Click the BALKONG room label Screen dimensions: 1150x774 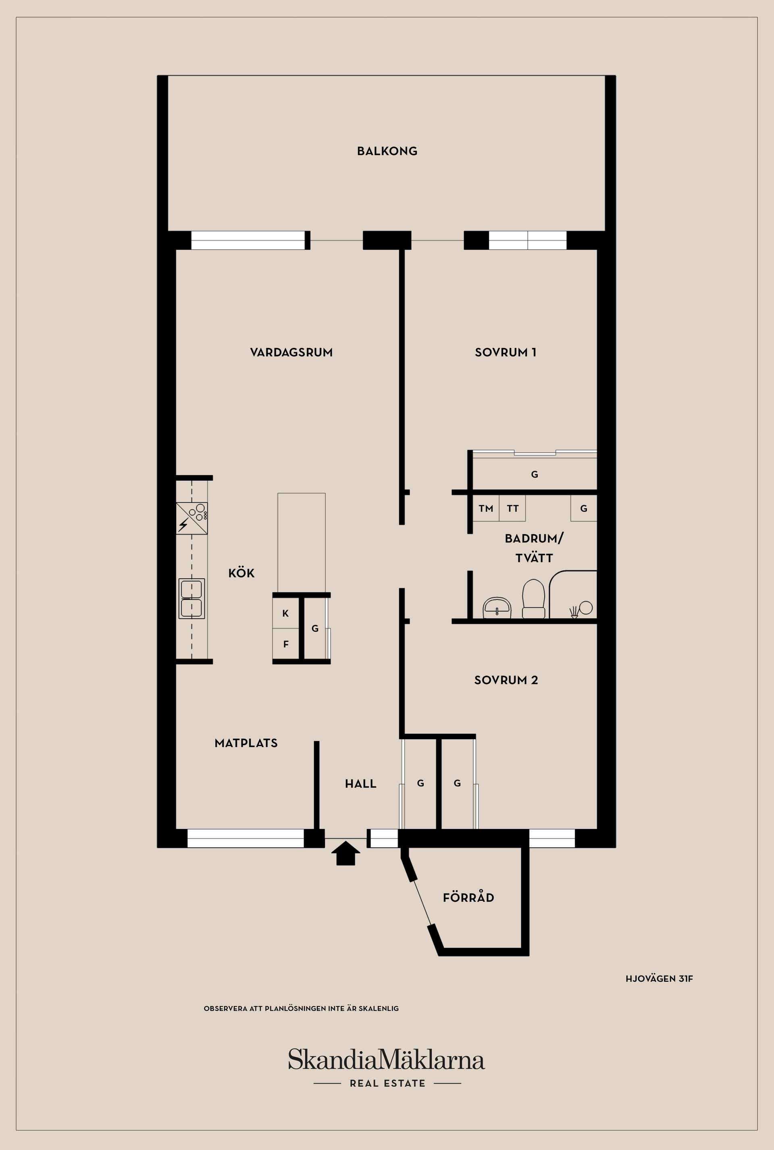pyautogui.click(x=387, y=151)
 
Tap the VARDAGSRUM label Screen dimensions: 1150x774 pyautogui.click(x=291, y=352)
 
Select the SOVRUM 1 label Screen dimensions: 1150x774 pyautogui.click(x=506, y=352)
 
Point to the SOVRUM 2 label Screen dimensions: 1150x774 pyautogui.click(x=506, y=680)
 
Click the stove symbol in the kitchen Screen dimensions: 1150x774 pyautogui.click(x=192, y=518)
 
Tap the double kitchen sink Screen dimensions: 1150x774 pyautogui.click(x=191, y=598)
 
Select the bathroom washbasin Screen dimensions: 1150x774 pyautogui.click(x=497, y=607)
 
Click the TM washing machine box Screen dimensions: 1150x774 pyautogui.click(x=486, y=508)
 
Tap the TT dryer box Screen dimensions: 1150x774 pyautogui.click(x=512, y=508)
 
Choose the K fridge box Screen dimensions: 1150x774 pyautogui.click(x=286, y=613)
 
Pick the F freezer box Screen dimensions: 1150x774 pyautogui.click(x=286, y=644)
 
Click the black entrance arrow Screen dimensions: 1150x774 pyautogui.click(x=345, y=854)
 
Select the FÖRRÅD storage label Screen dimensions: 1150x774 pyautogui.click(x=468, y=898)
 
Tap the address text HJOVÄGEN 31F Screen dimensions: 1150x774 pyautogui.click(x=659, y=978)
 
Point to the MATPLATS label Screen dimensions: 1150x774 pyautogui.click(x=246, y=743)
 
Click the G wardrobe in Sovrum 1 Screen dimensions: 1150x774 pyautogui.click(x=535, y=475)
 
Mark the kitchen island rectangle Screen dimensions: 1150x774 pyautogui.click(x=301, y=542)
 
